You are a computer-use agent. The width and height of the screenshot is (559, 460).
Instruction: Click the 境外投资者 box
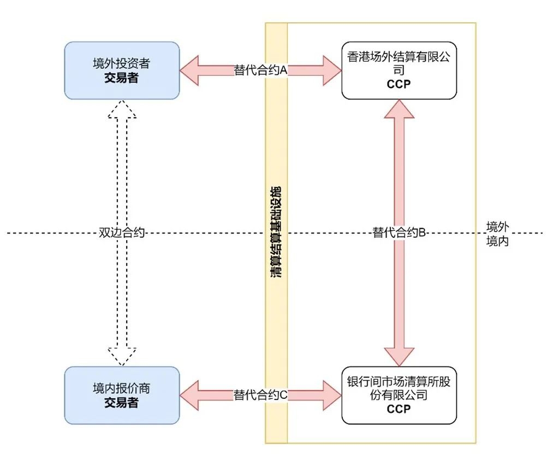click(122, 70)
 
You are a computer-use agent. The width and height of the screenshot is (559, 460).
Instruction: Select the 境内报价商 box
click(122, 395)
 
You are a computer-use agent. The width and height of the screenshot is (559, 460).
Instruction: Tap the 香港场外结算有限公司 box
click(399, 70)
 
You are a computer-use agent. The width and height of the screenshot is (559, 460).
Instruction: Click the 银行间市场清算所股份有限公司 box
click(399, 395)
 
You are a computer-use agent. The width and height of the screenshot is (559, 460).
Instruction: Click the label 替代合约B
click(399, 233)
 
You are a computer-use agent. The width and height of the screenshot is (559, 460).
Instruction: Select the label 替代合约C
click(261, 395)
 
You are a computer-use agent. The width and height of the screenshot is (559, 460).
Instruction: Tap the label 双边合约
click(122, 233)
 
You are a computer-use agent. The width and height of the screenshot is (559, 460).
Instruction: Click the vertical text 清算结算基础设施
click(276, 233)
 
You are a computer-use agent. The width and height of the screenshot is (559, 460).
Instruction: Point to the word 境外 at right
click(497, 226)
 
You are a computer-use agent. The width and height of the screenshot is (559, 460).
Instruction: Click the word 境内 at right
click(497, 241)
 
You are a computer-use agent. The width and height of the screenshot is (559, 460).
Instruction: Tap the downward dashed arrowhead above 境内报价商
click(122, 356)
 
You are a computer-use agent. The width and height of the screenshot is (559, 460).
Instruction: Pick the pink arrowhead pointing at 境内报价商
click(189, 395)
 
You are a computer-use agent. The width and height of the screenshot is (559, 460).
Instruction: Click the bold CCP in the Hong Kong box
click(399, 85)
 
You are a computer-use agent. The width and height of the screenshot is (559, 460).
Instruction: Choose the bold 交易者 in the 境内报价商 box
click(122, 403)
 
